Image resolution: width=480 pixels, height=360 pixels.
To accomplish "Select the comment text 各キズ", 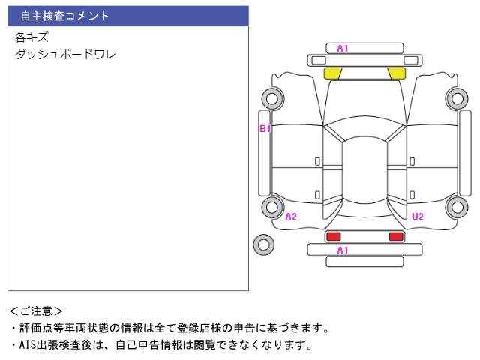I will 31,37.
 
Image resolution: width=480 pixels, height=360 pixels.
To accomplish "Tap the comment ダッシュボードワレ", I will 65,54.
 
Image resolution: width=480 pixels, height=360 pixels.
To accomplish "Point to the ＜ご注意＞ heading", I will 36,310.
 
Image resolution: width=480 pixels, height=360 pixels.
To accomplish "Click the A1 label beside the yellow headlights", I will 343,49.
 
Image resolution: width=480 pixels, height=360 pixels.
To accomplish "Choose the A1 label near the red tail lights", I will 343,250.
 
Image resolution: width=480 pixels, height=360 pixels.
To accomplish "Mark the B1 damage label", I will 265,129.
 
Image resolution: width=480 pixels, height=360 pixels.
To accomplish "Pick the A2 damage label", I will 291,217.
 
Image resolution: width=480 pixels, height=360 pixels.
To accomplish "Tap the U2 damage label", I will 418,217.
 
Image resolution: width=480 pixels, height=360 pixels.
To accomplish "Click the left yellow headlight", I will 332,73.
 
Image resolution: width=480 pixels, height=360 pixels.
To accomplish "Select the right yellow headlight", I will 396,73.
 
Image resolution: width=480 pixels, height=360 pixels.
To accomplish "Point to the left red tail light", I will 332,236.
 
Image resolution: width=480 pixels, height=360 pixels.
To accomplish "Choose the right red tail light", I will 395,236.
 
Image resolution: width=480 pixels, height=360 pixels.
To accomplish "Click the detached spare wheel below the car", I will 263,244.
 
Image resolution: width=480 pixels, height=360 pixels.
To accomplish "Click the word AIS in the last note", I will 26,345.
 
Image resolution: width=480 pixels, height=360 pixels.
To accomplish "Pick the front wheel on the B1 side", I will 271,97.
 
